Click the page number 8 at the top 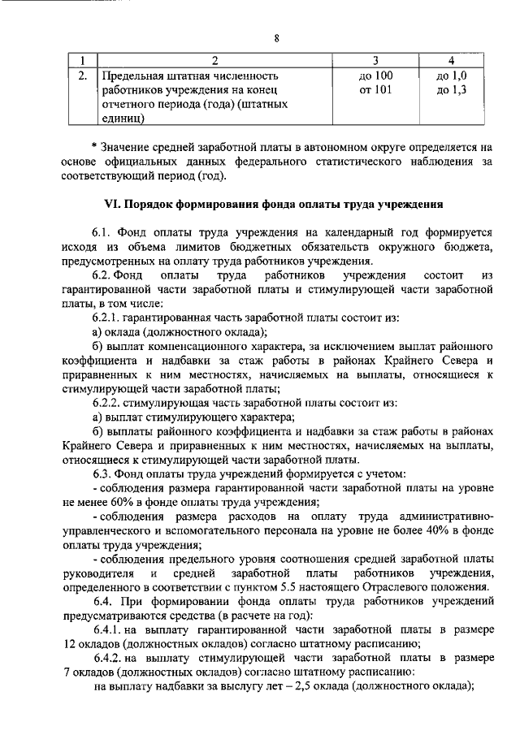click(276, 38)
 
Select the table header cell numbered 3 click(375, 62)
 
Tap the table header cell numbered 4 click(451, 62)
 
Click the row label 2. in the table click(81, 76)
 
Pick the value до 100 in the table click(375, 76)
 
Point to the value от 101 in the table click(375, 90)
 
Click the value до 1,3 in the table click(451, 90)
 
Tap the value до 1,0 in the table click(451, 76)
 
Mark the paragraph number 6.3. click(104, 473)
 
